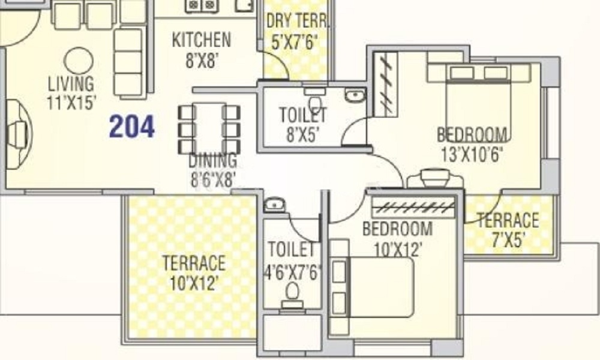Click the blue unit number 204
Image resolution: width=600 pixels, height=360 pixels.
click(x=132, y=127)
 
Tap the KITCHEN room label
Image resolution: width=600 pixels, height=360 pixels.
click(x=201, y=40)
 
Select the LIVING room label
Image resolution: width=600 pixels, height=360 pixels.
click(x=71, y=83)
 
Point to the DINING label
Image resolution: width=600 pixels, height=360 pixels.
click(x=213, y=160)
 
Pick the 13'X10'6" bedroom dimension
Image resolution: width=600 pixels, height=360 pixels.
click(x=472, y=155)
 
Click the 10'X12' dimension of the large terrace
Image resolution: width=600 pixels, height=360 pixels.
click(x=194, y=283)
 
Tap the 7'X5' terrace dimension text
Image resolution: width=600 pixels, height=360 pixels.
click(x=508, y=240)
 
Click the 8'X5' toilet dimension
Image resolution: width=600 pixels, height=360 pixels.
click(x=303, y=134)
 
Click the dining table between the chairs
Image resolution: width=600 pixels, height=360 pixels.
click(x=209, y=128)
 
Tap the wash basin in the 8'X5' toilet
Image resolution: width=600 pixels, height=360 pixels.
click(x=355, y=95)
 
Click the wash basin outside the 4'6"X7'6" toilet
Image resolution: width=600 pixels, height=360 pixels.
click(x=274, y=205)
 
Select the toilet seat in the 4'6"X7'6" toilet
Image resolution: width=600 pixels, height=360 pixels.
click(x=293, y=295)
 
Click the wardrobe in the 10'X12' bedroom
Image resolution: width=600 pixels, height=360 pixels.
click(x=413, y=208)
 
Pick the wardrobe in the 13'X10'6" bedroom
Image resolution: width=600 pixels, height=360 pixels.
click(x=385, y=84)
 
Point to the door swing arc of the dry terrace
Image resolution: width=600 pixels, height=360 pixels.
click(x=280, y=59)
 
